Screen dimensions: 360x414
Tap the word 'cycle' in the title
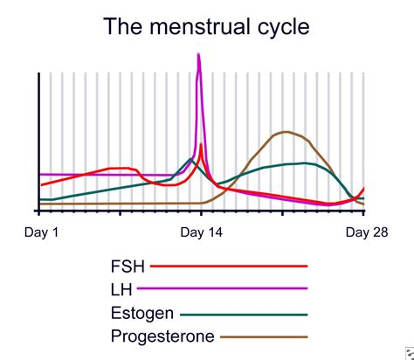(279, 27)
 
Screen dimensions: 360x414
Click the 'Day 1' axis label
(41, 232)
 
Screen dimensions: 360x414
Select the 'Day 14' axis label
(201, 232)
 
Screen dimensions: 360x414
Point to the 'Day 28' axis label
(366, 232)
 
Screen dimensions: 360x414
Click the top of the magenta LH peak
(199, 55)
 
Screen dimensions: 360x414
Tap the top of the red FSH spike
(202, 144)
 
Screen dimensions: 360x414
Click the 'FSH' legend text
(129, 266)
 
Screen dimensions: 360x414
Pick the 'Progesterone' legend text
(162, 336)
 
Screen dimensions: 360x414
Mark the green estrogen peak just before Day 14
(190, 158)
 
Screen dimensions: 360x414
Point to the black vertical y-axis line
(38, 140)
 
